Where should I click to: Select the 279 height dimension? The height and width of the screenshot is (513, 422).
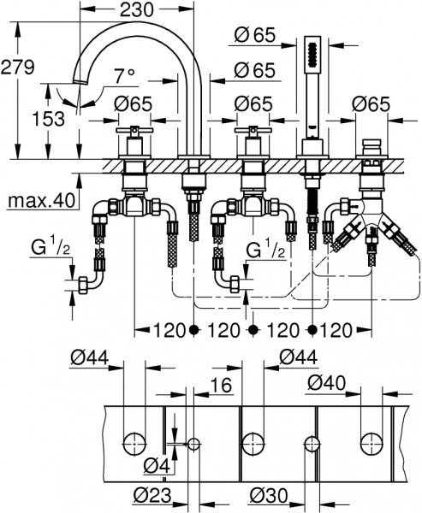point(20,66)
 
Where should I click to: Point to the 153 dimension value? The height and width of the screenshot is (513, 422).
point(49,119)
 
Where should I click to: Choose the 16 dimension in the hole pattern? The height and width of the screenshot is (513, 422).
point(221,386)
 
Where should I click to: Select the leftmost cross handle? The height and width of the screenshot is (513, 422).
point(134,136)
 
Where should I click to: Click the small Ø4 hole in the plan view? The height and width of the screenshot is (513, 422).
point(194,444)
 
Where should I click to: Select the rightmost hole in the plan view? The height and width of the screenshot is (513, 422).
point(371,443)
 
